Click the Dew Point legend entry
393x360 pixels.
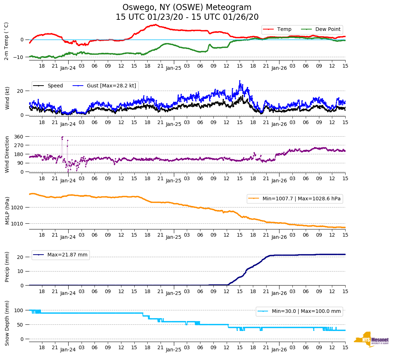click(x=327, y=29)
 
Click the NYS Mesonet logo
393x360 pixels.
click(x=371, y=340)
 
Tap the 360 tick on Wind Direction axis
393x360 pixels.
click(x=19, y=137)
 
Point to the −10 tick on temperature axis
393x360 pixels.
click(x=18, y=57)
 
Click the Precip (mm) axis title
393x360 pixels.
click(x=7, y=267)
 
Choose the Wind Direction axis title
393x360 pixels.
click(x=7, y=154)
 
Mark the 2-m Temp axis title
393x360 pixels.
click(x=6, y=41)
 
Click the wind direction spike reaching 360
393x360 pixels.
click(x=63, y=137)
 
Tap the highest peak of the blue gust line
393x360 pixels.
click(x=240, y=81)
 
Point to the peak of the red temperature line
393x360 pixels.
click(x=156, y=24)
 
